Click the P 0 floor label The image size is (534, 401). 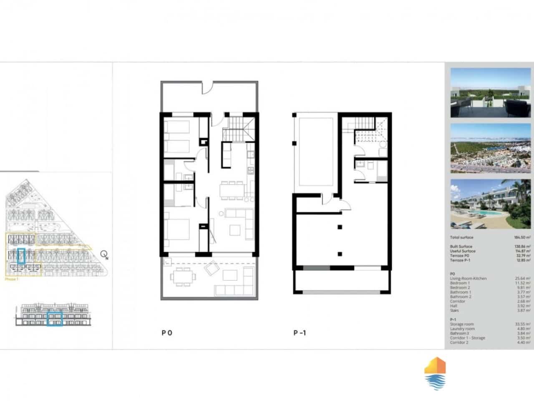166,333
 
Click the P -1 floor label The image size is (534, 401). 300,333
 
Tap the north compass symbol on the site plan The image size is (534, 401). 104,254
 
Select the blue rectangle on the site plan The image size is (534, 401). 22,256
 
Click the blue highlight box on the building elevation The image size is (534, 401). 54,319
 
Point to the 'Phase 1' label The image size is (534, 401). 11,279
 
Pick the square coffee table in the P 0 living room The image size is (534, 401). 235,230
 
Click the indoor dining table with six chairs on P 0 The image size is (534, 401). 232,190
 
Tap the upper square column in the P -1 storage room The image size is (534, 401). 340,227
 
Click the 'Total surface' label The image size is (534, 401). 461,237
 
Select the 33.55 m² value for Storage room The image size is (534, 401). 524,324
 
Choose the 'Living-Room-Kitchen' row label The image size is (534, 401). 468,279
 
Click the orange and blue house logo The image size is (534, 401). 435,373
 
